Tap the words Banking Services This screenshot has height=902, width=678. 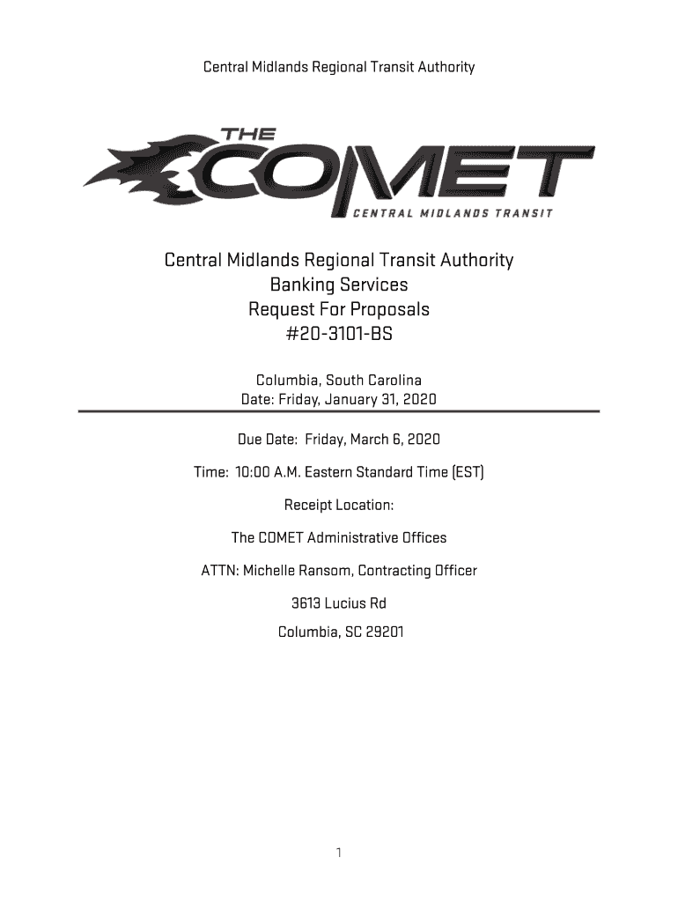click(339, 285)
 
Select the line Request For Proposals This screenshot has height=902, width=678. click(339, 310)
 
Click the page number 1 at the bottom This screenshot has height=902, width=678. click(339, 854)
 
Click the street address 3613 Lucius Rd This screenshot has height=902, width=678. click(339, 603)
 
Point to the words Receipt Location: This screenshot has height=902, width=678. click(339, 505)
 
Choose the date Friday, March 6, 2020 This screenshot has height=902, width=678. click(372, 439)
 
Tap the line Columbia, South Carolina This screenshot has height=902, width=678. click(339, 380)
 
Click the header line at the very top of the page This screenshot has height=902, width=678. click(339, 67)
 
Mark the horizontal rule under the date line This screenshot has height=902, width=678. click(339, 411)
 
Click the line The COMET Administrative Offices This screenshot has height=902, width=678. click(339, 537)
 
